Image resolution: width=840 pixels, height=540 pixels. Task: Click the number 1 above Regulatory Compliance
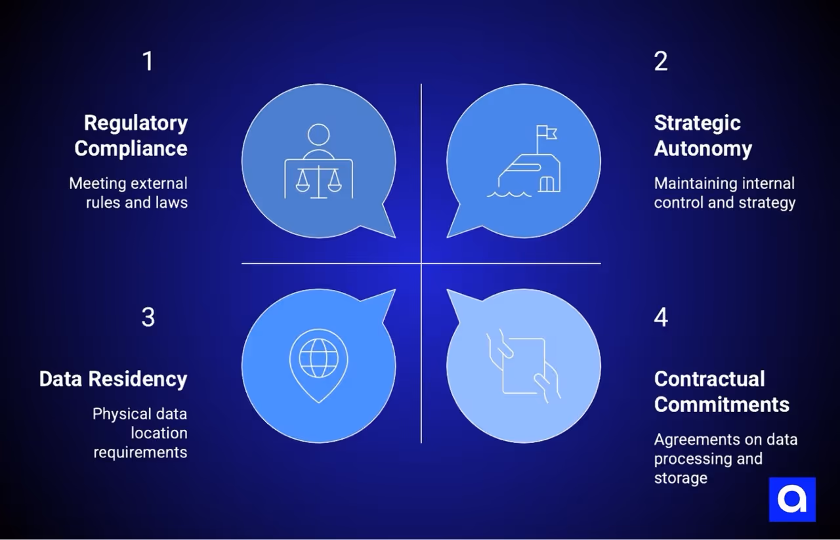coord(148,62)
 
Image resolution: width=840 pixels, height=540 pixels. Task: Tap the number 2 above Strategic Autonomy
coord(661,62)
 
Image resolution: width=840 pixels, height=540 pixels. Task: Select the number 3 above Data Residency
coord(148,318)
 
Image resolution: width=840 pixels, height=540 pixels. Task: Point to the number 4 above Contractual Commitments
coord(661,318)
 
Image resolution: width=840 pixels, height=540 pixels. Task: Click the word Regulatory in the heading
coord(136,123)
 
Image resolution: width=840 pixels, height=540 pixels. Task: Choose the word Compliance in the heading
coord(131,148)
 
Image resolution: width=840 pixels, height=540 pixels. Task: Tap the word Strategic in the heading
coord(697,123)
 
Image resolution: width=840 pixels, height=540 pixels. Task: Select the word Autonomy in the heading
coord(703,148)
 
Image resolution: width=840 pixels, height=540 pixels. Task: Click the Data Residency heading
coord(113,379)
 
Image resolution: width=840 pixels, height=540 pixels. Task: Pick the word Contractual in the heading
coord(709,379)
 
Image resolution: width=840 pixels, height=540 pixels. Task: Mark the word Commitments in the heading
coord(721,404)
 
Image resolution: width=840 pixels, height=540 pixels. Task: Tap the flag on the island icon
coord(546,133)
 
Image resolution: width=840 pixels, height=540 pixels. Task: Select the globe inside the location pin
coord(318,358)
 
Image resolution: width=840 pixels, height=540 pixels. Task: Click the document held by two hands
coord(523,365)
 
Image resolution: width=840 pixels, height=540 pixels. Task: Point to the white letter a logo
coord(792,499)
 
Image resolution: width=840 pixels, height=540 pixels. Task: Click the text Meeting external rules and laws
coord(129,193)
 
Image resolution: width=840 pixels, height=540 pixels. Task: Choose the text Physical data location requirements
coord(140,433)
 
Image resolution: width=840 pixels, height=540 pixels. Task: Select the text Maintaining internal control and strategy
coord(724,193)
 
